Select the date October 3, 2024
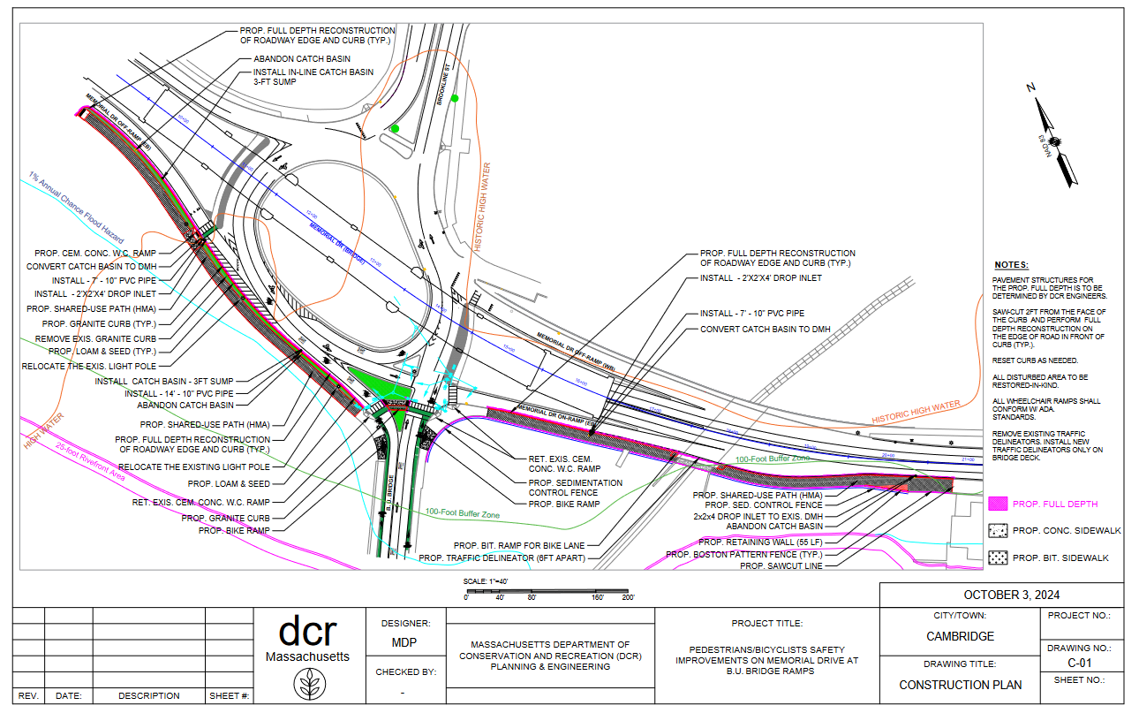tap(1001, 595)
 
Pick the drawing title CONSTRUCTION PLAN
tap(960, 685)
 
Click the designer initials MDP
tap(404, 643)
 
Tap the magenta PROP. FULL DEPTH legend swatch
tap(997, 504)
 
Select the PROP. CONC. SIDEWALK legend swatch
tap(997, 530)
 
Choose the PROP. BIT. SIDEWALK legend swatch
tap(997, 558)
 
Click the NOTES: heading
tap(1011, 265)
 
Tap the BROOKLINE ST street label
tap(446, 86)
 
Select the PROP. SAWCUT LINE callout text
tap(781, 566)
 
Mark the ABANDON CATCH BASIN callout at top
tap(295, 59)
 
